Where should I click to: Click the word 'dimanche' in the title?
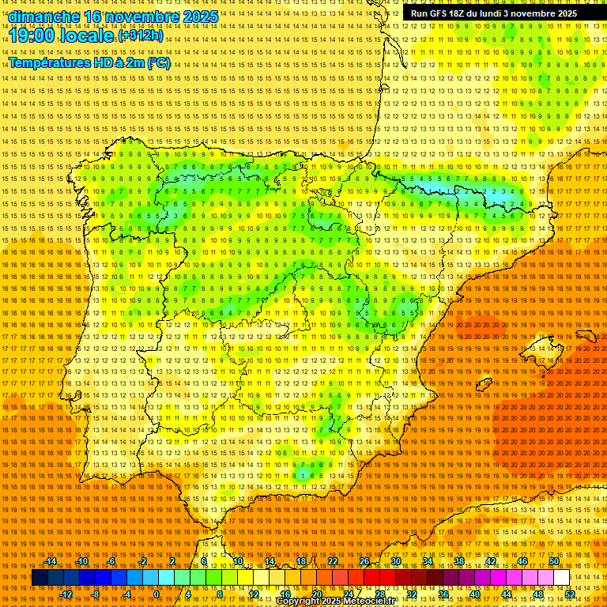[43, 17]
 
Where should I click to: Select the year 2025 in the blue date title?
[200, 17]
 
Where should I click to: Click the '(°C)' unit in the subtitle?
[158, 62]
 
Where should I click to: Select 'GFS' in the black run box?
[439, 13]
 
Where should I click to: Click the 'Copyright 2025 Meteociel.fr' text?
[335, 601]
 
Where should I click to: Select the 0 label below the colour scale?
[156, 594]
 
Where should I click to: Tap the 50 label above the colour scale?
[554, 561]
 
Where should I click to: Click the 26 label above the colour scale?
[364, 561]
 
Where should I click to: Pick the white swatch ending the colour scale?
[562, 578]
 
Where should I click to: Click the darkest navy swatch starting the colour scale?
[40, 578]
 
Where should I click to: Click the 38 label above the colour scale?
[459, 561]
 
